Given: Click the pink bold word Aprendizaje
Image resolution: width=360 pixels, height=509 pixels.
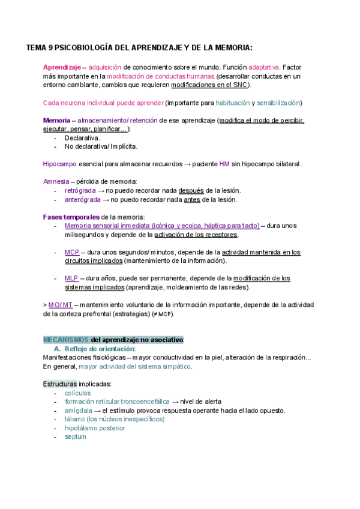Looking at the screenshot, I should click(61, 67).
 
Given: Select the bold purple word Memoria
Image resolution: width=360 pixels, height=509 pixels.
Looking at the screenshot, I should click(56, 120).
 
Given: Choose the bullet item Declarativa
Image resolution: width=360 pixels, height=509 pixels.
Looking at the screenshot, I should click(82, 137).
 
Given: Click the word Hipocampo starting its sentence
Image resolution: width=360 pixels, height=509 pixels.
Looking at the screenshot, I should click(59, 164).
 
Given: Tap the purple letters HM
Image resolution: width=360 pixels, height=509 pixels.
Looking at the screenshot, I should click(224, 164).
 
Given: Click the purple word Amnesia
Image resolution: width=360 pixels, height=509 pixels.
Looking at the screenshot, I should click(56, 182).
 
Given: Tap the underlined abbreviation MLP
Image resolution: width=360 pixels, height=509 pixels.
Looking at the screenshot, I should click(71, 279).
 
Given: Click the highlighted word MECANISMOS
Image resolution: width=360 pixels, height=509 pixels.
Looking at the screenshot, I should click(66, 340).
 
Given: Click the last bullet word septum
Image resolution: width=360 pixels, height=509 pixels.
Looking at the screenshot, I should click(76, 437).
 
